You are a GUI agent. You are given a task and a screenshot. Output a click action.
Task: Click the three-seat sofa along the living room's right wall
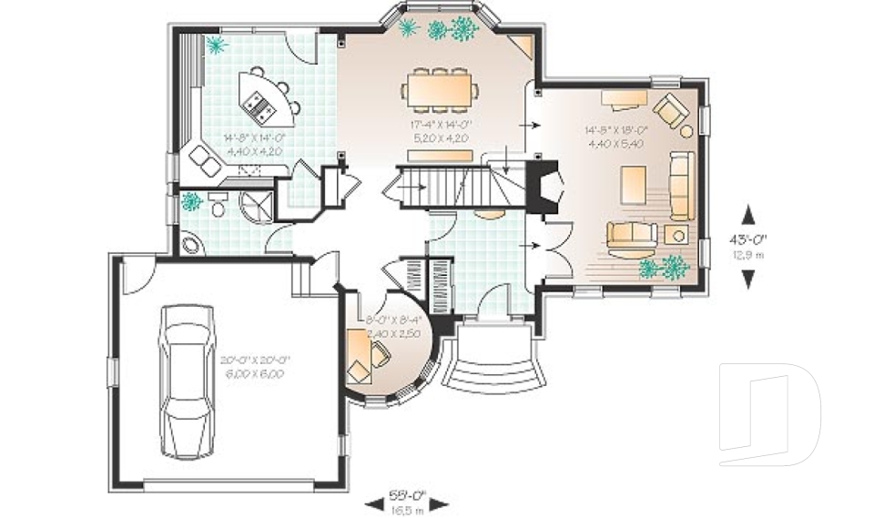tap(681, 186)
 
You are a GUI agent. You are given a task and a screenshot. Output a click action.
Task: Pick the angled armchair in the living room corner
tap(674, 109)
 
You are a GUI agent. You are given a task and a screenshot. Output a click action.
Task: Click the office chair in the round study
tap(380, 358)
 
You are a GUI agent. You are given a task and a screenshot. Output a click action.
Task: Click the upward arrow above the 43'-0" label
tap(749, 216)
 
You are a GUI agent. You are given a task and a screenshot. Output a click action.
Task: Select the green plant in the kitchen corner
tap(216, 45)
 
